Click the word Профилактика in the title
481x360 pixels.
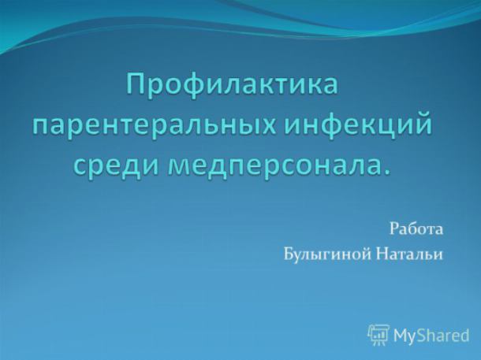233,84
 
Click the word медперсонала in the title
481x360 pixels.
271,165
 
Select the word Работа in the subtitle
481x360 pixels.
416,229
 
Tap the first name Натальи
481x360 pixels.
409,254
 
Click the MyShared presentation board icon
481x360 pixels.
378,335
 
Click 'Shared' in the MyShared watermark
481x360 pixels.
441,335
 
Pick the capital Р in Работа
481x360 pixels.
394,229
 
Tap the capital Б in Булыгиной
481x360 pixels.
288,254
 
